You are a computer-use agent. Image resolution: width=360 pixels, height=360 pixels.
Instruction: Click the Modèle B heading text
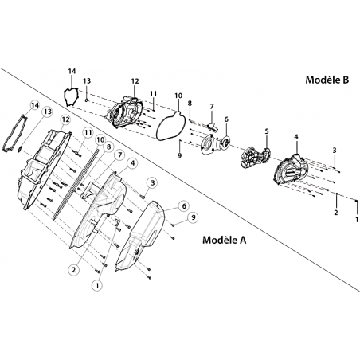[x=327, y=80]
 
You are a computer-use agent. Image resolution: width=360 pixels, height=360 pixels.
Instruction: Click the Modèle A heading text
[x=225, y=240]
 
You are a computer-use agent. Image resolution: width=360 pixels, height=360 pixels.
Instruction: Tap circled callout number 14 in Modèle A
[x=35, y=105]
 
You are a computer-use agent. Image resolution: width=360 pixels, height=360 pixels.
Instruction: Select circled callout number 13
[x=48, y=112]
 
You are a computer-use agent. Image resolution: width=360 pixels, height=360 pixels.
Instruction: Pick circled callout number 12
[x=65, y=119]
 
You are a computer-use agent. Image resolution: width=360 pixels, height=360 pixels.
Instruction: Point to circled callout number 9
[x=193, y=217]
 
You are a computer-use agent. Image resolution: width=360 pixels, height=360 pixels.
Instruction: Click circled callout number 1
[x=97, y=285]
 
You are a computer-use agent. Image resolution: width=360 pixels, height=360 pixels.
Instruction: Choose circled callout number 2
[x=74, y=270]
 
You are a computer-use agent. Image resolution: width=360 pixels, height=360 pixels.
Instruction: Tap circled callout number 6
[x=184, y=205]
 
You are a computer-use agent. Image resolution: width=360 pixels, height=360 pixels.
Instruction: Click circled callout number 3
[x=153, y=182]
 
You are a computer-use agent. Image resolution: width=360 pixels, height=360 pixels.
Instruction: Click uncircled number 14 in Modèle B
[x=72, y=72]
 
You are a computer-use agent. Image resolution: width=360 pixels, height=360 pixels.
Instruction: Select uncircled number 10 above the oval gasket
[x=178, y=96]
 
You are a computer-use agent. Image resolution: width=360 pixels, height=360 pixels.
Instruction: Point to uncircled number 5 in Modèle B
[x=267, y=131]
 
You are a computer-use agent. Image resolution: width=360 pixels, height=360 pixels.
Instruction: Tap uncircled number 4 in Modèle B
[x=296, y=137]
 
